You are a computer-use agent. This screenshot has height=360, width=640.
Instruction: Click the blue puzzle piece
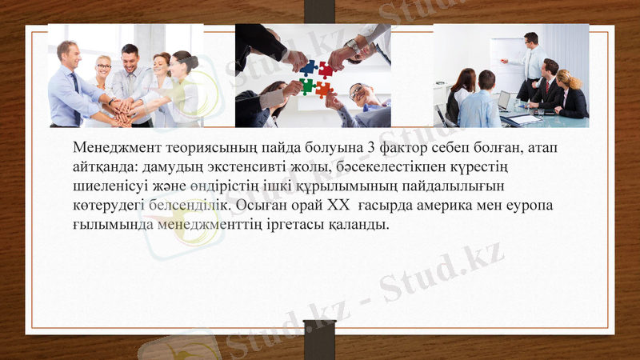point(308,67)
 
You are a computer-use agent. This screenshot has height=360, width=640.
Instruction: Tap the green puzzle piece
point(306,86)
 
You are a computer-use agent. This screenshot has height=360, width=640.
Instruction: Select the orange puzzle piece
point(323,89)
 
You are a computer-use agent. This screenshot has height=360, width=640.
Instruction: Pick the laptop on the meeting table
point(504,102)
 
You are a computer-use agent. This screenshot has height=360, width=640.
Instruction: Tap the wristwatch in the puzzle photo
point(353,46)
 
